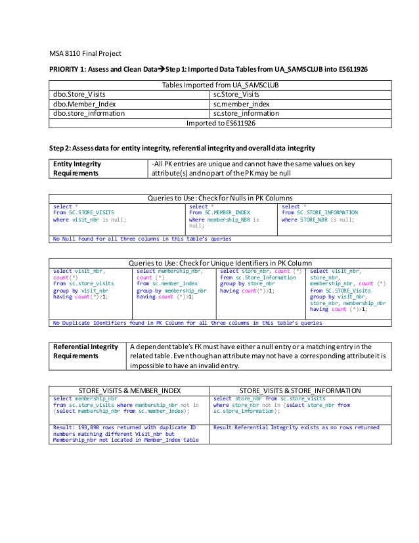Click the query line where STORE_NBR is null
tap(318, 220)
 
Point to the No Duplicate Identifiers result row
tap(187, 323)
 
